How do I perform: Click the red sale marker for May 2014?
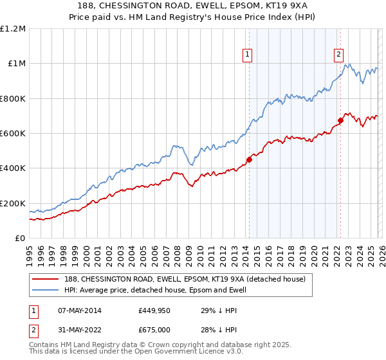tap(249, 159)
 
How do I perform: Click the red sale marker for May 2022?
tap(340, 120)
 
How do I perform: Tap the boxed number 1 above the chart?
tap(248, 55)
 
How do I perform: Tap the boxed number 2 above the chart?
tap(338, 55)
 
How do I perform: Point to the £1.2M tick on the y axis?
tap(13, 29)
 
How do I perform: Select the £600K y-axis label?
tap(13, 134)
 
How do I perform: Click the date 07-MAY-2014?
tap(75, 310)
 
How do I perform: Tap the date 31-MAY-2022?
tap(75, 330)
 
